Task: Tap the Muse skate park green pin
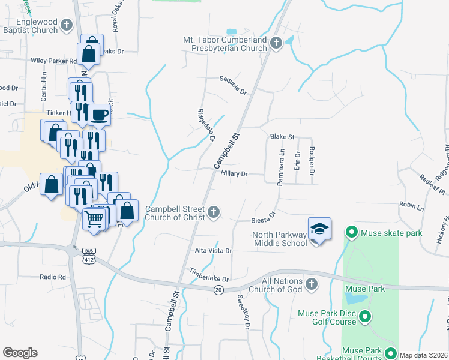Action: click(351, 232)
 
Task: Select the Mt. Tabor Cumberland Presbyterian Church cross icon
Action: click(276, 43)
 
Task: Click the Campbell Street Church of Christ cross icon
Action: click(214, 211)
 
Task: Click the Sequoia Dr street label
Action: click(234, 85)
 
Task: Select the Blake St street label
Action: click(282, 137)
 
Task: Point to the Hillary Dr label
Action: click(234, 173)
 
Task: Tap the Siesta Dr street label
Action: click(264, 217)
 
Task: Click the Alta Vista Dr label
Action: click(213, 250)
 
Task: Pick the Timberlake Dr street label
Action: click(209, 275)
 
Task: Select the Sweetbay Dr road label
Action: click(243, 311)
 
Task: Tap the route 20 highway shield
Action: click(218, 290)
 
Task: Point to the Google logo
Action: click(20, 353)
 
